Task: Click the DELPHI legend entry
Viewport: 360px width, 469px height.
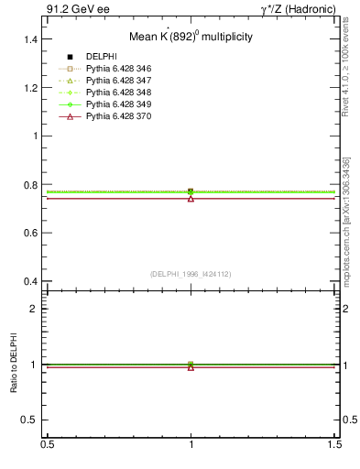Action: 100,58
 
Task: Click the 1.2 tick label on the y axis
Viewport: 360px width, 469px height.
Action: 32,88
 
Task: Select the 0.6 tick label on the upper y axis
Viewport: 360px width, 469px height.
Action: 32,233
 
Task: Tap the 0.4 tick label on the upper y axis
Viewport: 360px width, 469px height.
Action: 32,281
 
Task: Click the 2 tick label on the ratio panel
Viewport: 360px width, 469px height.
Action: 37,309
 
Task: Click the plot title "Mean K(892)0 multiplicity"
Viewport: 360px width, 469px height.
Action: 191,38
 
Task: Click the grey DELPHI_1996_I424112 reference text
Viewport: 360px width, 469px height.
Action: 191,274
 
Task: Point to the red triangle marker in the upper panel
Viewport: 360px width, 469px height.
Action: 191,198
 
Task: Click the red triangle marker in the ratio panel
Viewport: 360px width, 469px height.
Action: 191,367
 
